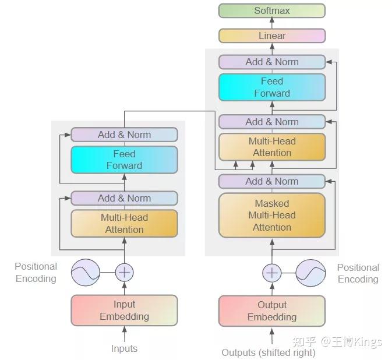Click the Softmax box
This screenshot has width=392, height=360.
click(x=271, y=10)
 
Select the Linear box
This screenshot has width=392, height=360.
click(x=271, y=36)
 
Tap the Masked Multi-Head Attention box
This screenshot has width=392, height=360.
click(x=271, y=215)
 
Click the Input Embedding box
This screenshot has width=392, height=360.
click(x=124, y=310)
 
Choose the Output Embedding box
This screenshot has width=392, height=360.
click(x=271, y=310)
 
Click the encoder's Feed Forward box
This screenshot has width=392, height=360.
click(x=124, y=160)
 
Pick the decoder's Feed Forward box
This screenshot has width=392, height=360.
click(x=271, y=87)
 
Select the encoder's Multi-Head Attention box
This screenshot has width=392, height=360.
click(x=124, y=223)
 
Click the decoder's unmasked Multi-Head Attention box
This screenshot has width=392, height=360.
click(x=271, y=147)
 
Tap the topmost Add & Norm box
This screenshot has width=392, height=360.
click(x=271, y=62)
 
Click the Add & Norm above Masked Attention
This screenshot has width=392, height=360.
click(x=271, y=181)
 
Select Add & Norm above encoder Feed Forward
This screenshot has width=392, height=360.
click(x=124, y=135)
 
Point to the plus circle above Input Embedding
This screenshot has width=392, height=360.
click(x=124, y=272)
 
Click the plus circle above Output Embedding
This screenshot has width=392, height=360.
click(x=272, y=272)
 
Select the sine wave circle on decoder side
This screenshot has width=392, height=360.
click(x=310, y=272)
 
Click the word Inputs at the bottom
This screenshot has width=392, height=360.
click(x=124, y=348)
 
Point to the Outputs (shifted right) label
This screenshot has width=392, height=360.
click(x=269, y=352)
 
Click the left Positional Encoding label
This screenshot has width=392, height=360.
click(x=36, y=272)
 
